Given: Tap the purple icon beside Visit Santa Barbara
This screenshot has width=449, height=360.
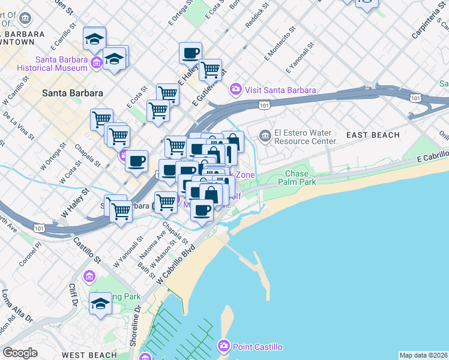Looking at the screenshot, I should (236, 90).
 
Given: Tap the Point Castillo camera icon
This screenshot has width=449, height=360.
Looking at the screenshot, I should (224, 346).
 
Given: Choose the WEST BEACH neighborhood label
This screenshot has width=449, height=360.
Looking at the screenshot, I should (89, 355).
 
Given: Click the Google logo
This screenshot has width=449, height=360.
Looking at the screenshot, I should (20, 352).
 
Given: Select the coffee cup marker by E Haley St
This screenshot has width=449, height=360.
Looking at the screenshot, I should (190, 52).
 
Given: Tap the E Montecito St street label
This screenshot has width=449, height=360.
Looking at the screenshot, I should (280, 42).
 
